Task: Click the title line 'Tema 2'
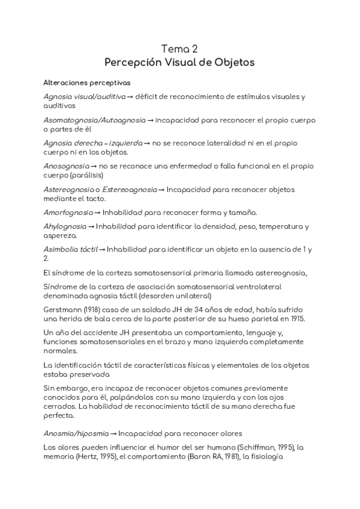(x=180, y=48)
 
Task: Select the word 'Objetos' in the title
(x=234, y=62)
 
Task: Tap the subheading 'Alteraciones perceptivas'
(x=88, y=82)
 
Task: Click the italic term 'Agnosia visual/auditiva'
(x=85, y=96)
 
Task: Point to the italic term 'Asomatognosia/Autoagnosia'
(x=95, y=119)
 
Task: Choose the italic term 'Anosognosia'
(x=66, y=166)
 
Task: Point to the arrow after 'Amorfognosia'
(x=98, y=212)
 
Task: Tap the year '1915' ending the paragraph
(x=296, y=318)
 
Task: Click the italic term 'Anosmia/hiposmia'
(x=76, y=433)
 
